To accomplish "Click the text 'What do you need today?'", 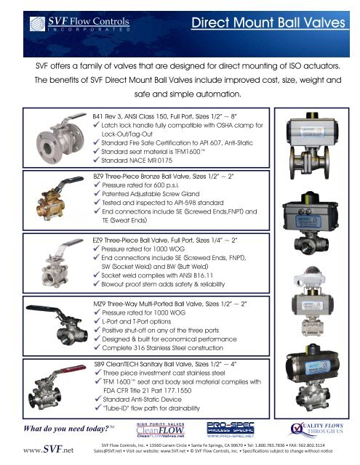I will point(66,426).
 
